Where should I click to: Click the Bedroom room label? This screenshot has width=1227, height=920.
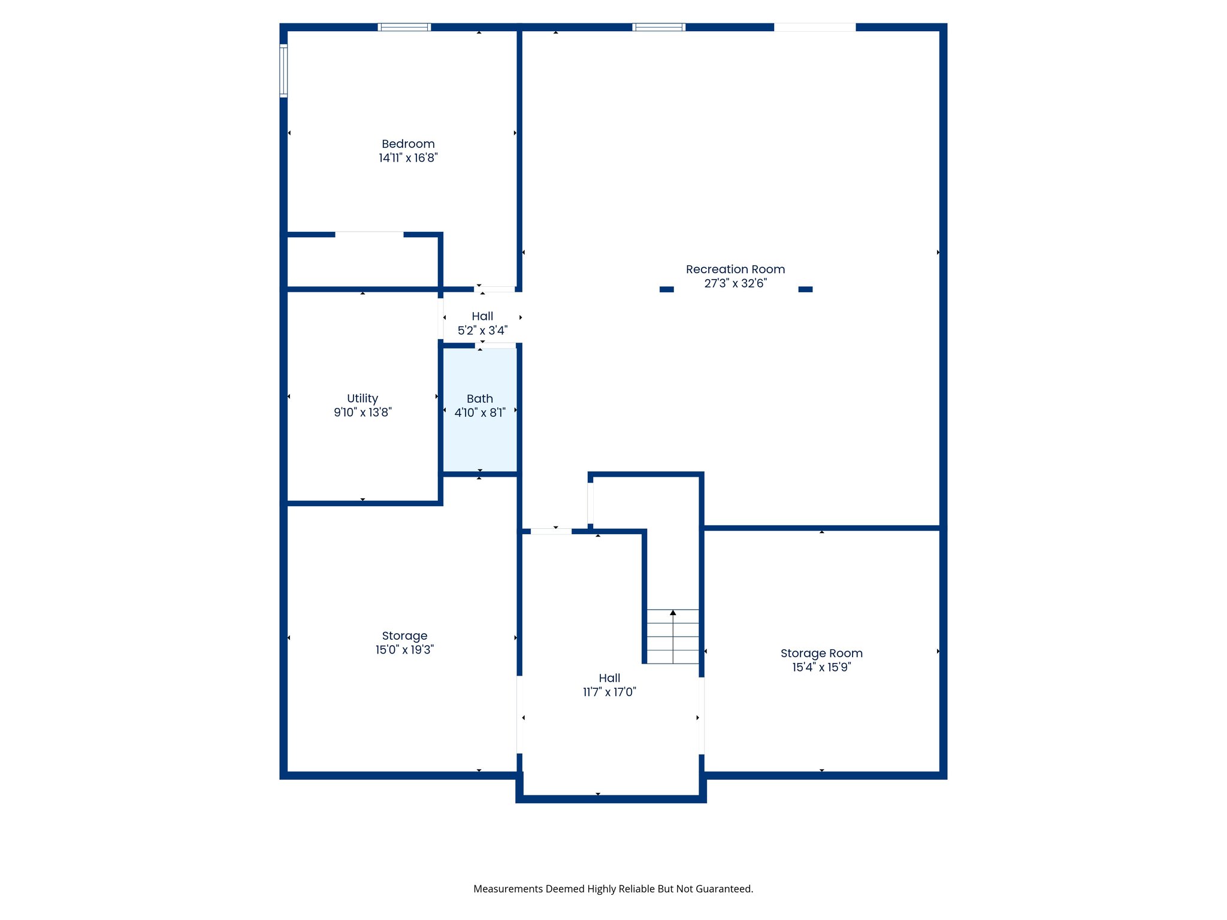tap(408, 144)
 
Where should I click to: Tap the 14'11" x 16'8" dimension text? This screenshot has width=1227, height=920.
tap(408, 158)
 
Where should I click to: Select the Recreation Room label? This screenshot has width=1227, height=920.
tap(735, 270)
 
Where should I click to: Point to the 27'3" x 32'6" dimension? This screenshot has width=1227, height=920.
tap(735, 283)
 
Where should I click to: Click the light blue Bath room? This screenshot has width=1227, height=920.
tap(479, 437)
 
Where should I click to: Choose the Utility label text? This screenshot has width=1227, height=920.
tap(362, 398)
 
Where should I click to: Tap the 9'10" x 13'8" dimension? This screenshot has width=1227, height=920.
tap(362, 412)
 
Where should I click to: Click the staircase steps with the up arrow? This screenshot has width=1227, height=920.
tap(673, 637)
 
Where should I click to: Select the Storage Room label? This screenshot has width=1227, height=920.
tap(821, 653)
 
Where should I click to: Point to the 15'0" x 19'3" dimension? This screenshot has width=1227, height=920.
tap(404, 650)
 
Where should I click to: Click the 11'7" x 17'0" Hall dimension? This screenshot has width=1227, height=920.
tap(609, 692)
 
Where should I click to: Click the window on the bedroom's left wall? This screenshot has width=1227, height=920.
tap(283, 71)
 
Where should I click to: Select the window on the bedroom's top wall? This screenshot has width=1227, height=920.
tap(404, 27)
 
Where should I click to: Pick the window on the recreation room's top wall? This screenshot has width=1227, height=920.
tap(658, 27)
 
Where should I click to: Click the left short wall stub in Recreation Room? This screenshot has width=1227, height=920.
tap(666, 289)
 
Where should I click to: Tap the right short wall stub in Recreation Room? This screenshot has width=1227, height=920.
tap(805, 289)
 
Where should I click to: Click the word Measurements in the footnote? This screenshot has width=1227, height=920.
tap(507, 889)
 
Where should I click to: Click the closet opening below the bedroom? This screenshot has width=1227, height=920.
tap(369, 234)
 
